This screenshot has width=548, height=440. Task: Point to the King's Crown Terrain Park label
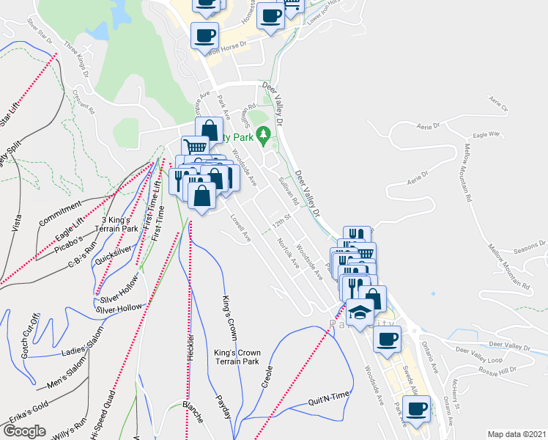pos(237,356)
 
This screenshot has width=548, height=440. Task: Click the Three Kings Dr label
pos(76,59)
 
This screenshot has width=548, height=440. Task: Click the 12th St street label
pos(283,220)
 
